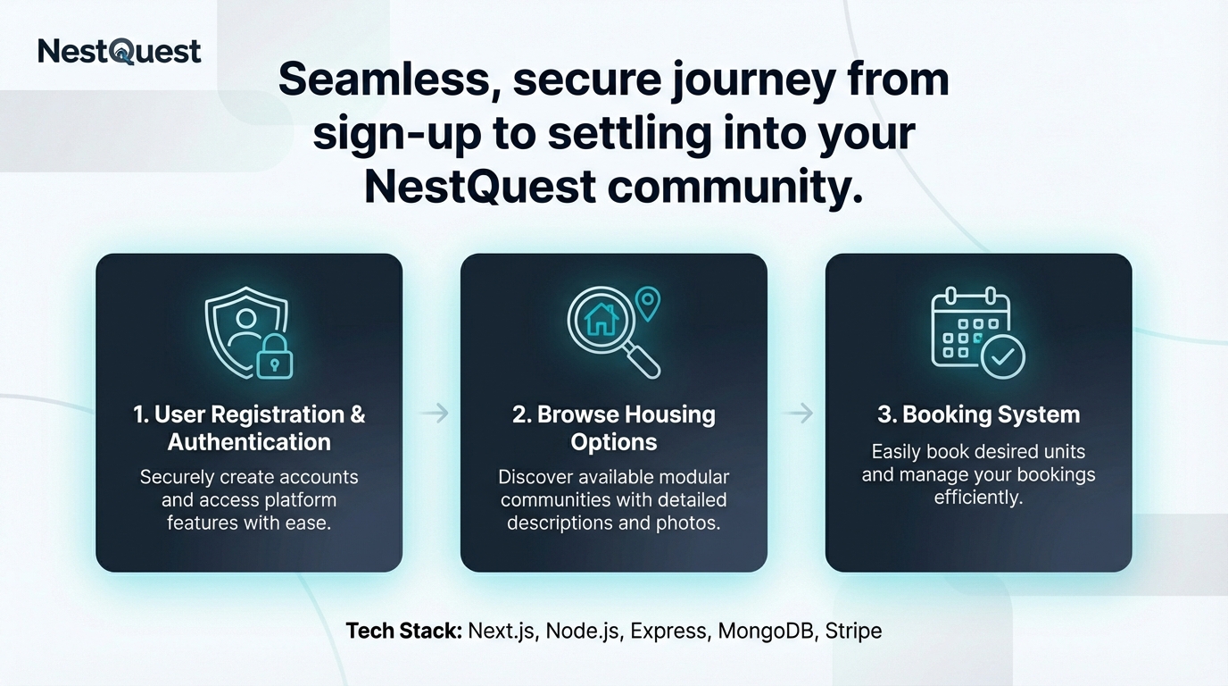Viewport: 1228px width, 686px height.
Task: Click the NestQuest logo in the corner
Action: (x=120, y=51)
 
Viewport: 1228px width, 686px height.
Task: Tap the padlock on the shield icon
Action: (x=275, y=360)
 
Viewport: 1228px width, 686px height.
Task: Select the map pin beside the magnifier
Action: (x=649, y=303)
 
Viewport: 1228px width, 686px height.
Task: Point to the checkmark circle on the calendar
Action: (x=1003, y=357)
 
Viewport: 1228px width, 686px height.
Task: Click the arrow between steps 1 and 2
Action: (x=434, y=413)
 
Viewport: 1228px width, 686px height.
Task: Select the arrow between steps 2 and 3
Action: (x=799, y=413)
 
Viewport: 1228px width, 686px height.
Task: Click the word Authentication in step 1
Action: (x=249, y=442)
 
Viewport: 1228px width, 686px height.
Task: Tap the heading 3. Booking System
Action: (x=978, y=414)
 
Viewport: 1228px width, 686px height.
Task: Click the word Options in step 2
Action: (x=614, y=442)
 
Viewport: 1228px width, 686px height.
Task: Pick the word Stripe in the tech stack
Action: (x=853, y=631)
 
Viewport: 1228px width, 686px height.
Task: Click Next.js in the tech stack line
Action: (x=502, y=631)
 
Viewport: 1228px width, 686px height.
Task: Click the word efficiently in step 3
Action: (x=978, y=498)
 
